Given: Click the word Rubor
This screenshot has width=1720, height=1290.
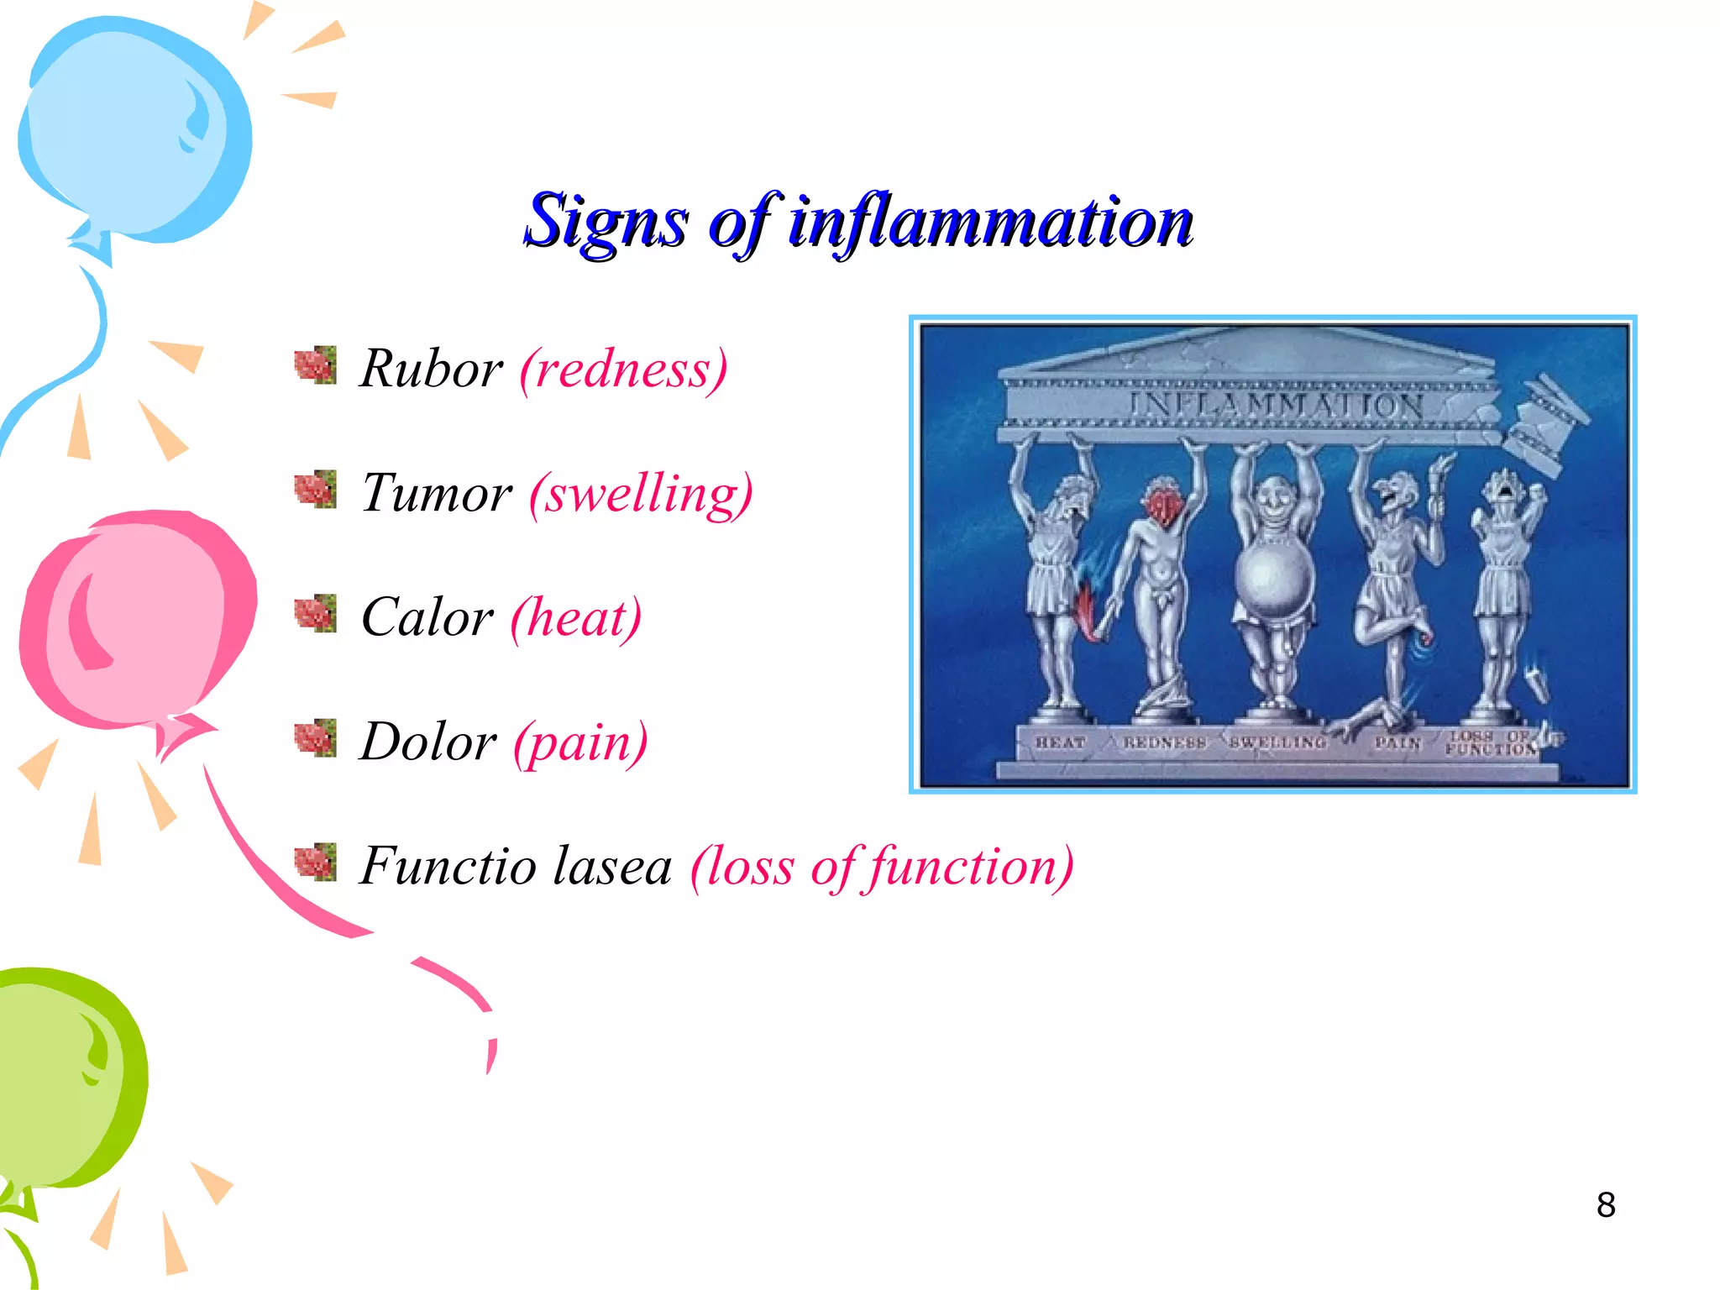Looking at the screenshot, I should pyautogui.click(x=431, y=369).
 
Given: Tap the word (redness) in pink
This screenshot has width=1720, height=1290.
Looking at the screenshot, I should pyautogui.click(x=623, y=369).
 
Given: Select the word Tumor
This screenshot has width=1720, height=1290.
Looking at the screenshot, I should pyautogui.click(x=436, y=493).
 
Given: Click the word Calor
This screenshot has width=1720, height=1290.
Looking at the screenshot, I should pyautogui.click(x=427, y=617).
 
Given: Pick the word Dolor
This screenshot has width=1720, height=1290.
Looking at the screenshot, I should pyautogui.click(x=427, y=742).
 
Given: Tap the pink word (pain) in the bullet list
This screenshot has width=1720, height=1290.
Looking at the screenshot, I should pyautogui.click(x=580, y=743).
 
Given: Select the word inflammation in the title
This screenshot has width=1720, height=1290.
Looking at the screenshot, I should pyautogui.click(x=991, y=222).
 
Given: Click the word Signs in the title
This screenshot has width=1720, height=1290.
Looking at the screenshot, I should pyautogui.click(x=606, y=222).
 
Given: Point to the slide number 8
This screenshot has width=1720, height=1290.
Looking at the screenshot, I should pyautogui.click(x=1605, y=1205).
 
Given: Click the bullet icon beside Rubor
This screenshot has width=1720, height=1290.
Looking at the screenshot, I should pyautogui.click(x=316, y=365).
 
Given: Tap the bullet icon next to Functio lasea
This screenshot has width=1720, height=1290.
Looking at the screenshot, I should pyautogui.click(x=316, y=863).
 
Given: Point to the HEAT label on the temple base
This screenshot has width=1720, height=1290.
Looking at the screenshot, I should pyautogui.click(x=1060, y=742).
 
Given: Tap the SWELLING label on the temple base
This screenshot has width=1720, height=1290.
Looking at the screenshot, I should pyautogui.click(x=1277, y=742).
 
